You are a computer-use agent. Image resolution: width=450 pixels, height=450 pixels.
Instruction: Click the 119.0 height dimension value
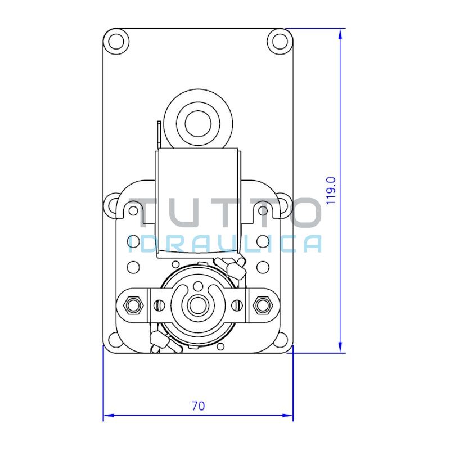click(331, 190)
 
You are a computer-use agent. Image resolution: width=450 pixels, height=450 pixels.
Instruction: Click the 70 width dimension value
click(198, 406)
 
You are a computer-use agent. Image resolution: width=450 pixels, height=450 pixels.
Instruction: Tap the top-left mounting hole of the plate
click(116, 42)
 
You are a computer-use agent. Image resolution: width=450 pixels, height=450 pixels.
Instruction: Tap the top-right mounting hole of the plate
click(280, 42)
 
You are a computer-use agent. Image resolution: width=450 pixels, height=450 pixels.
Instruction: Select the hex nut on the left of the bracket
click(133, 305)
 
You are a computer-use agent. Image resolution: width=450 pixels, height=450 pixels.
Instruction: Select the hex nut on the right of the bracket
click(262, 305)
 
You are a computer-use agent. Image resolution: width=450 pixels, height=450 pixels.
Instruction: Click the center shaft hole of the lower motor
click(198, 305)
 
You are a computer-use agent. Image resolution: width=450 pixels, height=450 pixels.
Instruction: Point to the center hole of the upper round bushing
click(198, 124)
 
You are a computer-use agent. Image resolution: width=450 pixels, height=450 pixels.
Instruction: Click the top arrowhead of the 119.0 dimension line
click(340, 34)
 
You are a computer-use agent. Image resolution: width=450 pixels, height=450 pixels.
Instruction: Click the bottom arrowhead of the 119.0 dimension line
click(340, 348)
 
